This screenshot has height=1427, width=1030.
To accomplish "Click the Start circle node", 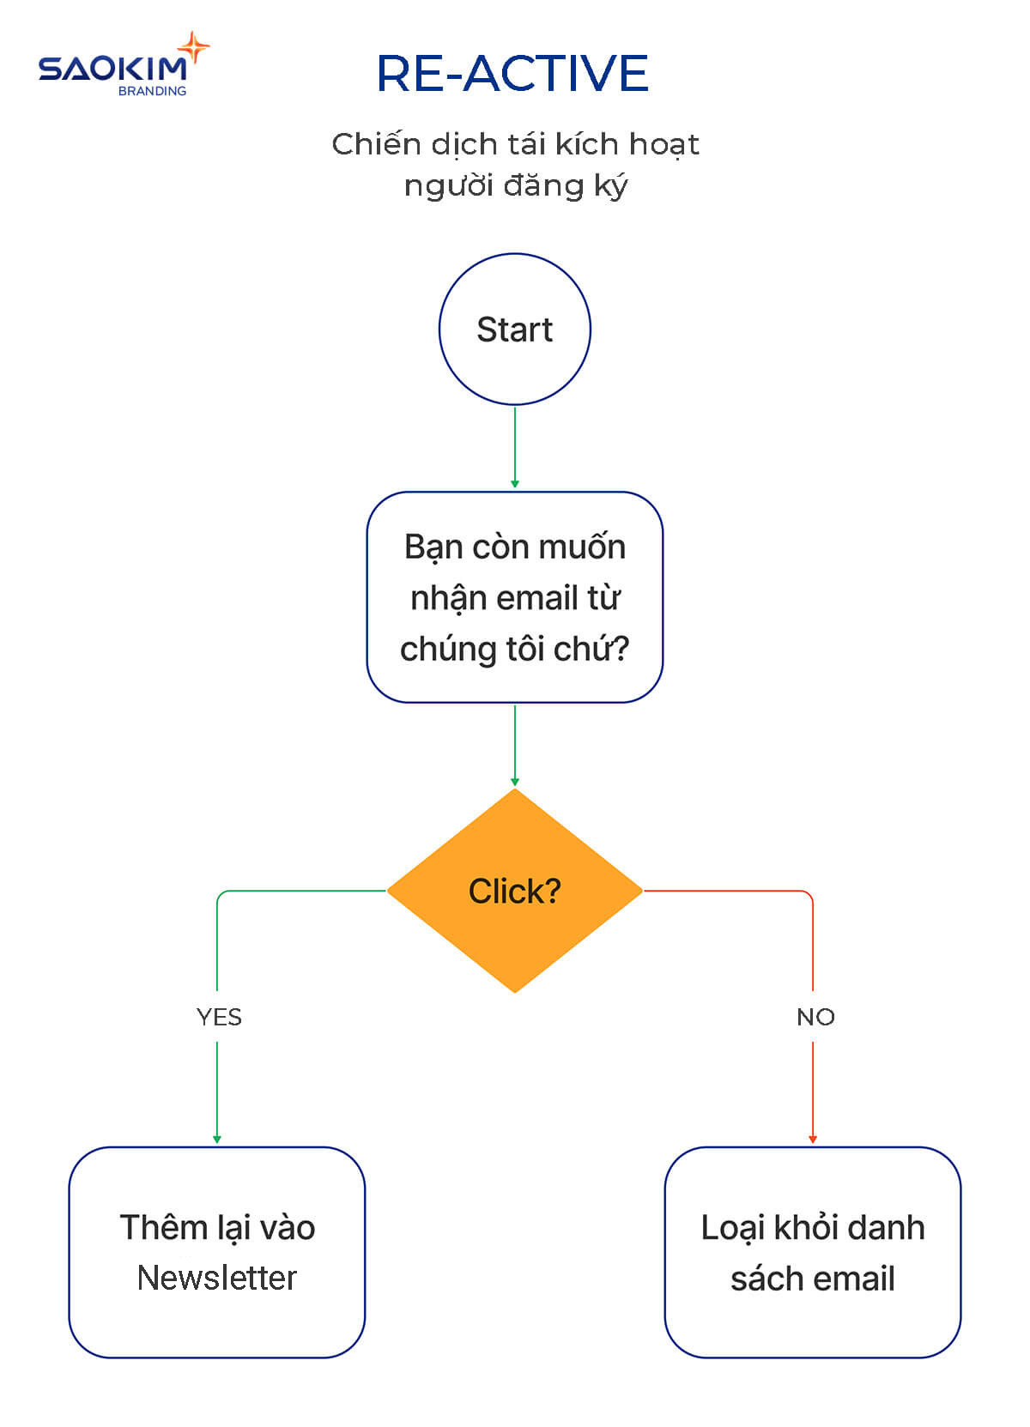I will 514,330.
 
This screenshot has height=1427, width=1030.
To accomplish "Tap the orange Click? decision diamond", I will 514,891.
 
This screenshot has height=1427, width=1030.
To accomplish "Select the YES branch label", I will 219,1017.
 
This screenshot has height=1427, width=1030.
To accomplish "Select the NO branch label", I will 815,1017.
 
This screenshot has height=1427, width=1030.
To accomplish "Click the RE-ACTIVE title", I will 512,73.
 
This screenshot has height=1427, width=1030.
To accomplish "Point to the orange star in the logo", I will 194,48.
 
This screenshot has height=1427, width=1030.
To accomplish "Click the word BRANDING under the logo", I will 152,91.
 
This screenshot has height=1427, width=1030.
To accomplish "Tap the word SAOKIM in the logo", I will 112,69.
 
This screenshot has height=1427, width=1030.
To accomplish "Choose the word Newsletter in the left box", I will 217,1278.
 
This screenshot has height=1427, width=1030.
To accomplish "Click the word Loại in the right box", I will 732,1228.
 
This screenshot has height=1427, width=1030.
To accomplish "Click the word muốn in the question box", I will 589,547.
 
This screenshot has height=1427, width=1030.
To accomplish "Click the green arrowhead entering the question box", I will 515,485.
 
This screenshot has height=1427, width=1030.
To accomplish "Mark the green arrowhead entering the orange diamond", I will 515,782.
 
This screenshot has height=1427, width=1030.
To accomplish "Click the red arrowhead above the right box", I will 813,1140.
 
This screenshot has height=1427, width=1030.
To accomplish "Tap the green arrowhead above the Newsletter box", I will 217,1140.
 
